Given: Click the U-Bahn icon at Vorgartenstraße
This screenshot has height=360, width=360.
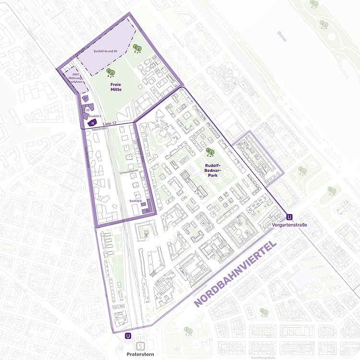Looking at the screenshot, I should [288, 216].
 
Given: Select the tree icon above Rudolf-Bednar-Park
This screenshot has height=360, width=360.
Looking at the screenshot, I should [210, 153].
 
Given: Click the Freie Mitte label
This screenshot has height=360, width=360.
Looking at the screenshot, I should [115, 87].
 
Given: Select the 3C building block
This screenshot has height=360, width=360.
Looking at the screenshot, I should [85, 98].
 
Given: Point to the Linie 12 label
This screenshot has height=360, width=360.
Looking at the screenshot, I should [109, 123].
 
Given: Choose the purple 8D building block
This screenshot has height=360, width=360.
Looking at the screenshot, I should [147, 210].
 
